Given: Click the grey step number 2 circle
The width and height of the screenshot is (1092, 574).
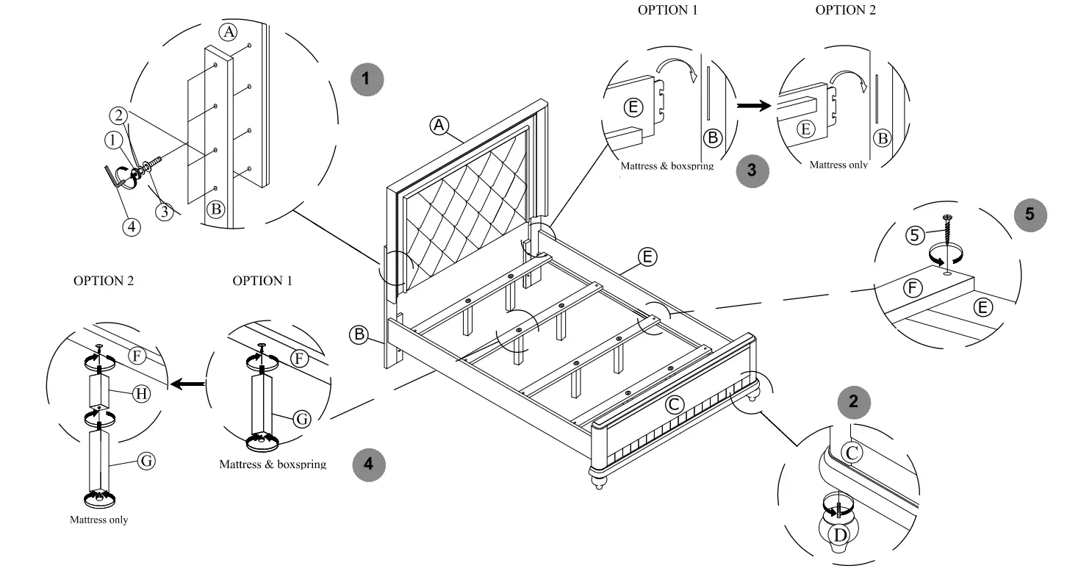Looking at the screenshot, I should (853, 401).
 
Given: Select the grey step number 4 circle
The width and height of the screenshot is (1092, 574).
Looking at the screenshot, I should (369, 464).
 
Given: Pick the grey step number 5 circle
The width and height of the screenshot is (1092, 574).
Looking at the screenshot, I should (1030, 214).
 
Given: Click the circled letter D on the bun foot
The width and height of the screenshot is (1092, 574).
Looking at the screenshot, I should (838, 534).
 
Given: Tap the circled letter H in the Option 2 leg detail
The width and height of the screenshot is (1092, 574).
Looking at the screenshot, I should (142, 393).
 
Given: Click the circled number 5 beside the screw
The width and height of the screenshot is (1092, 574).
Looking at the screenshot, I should (915, 235).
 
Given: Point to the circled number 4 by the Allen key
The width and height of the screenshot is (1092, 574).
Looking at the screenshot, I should (132, 226).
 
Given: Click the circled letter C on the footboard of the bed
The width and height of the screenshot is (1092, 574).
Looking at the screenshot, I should (674, 404).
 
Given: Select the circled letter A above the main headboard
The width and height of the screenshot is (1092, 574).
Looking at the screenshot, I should (439, 126).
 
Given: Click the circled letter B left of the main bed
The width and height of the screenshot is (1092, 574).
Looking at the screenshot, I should (359, 334).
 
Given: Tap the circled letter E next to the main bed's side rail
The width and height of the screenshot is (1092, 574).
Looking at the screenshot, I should (647, 256).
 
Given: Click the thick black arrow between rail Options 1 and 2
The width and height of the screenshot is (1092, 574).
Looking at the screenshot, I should (754, 106).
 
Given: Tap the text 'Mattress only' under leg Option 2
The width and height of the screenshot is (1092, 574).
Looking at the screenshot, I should (98, 520).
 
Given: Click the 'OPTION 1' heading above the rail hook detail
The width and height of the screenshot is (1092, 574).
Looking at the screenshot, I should (667, 10).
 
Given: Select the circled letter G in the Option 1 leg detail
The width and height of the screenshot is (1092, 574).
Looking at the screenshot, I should (301, 419).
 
